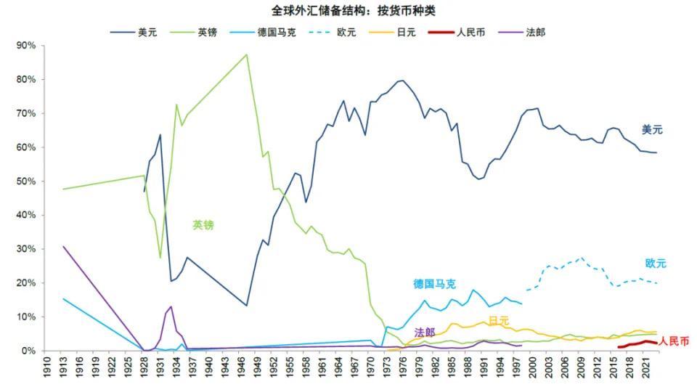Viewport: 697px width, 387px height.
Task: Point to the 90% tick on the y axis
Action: click(x=26, y=46)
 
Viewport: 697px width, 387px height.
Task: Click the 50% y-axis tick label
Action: click(x=26, y=182)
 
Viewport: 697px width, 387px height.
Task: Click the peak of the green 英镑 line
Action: click(x=247, y=54)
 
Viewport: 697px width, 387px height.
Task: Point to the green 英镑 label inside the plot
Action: click(x=203, y=225)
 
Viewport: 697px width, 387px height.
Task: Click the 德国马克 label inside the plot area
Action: click(x=436, y=284)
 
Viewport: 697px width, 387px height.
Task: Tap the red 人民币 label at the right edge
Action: click(x=674, y=341)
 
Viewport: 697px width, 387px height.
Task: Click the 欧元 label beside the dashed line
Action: click(x=655, y=264)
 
